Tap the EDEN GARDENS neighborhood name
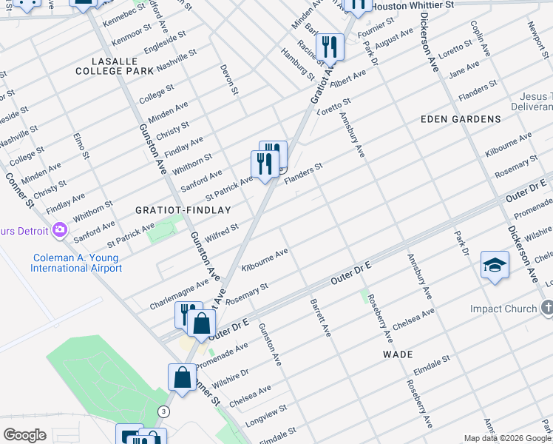click(461, 118)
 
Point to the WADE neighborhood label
click(398, 354)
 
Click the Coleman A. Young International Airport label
click(76, 263)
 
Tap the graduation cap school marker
click(495, 265)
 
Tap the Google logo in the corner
click(24, 435)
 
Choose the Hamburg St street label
click(297, 64)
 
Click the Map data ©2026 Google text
click(507, 438)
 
